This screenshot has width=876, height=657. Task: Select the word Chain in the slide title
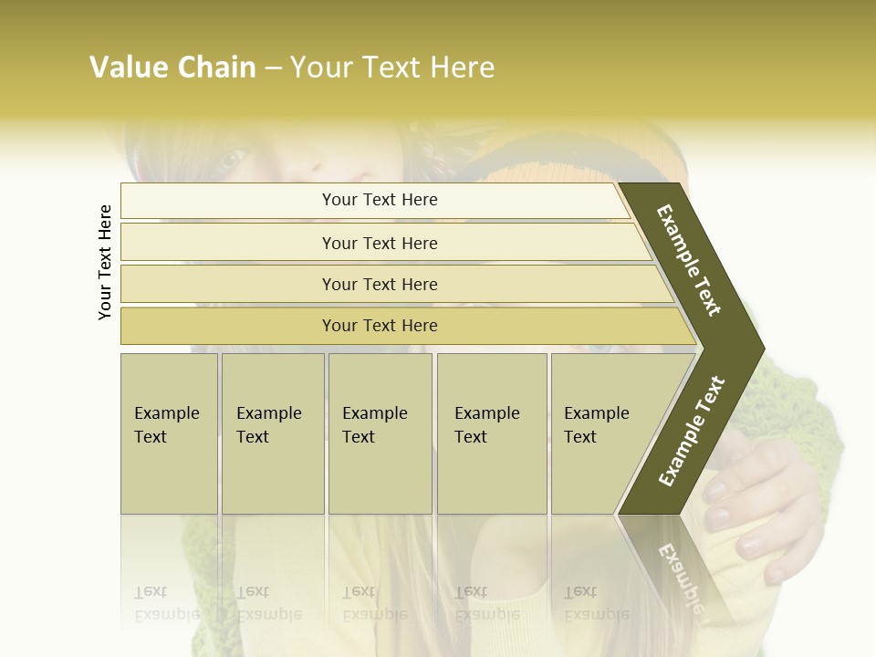[x=216, y=68]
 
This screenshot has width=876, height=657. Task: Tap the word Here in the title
[x=461, y=68]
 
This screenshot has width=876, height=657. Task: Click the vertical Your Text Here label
[x=105, y=262]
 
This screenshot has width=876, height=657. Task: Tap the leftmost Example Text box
[x=169, y=433]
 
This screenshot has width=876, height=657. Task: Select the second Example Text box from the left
[x=273, y=433]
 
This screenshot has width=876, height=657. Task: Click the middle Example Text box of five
[x=380, y=433]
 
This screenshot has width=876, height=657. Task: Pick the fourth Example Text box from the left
[x=492, y=433]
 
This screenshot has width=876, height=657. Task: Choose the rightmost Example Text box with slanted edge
[x=602, y=433]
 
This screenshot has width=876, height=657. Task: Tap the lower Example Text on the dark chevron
[x=691, y=432]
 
